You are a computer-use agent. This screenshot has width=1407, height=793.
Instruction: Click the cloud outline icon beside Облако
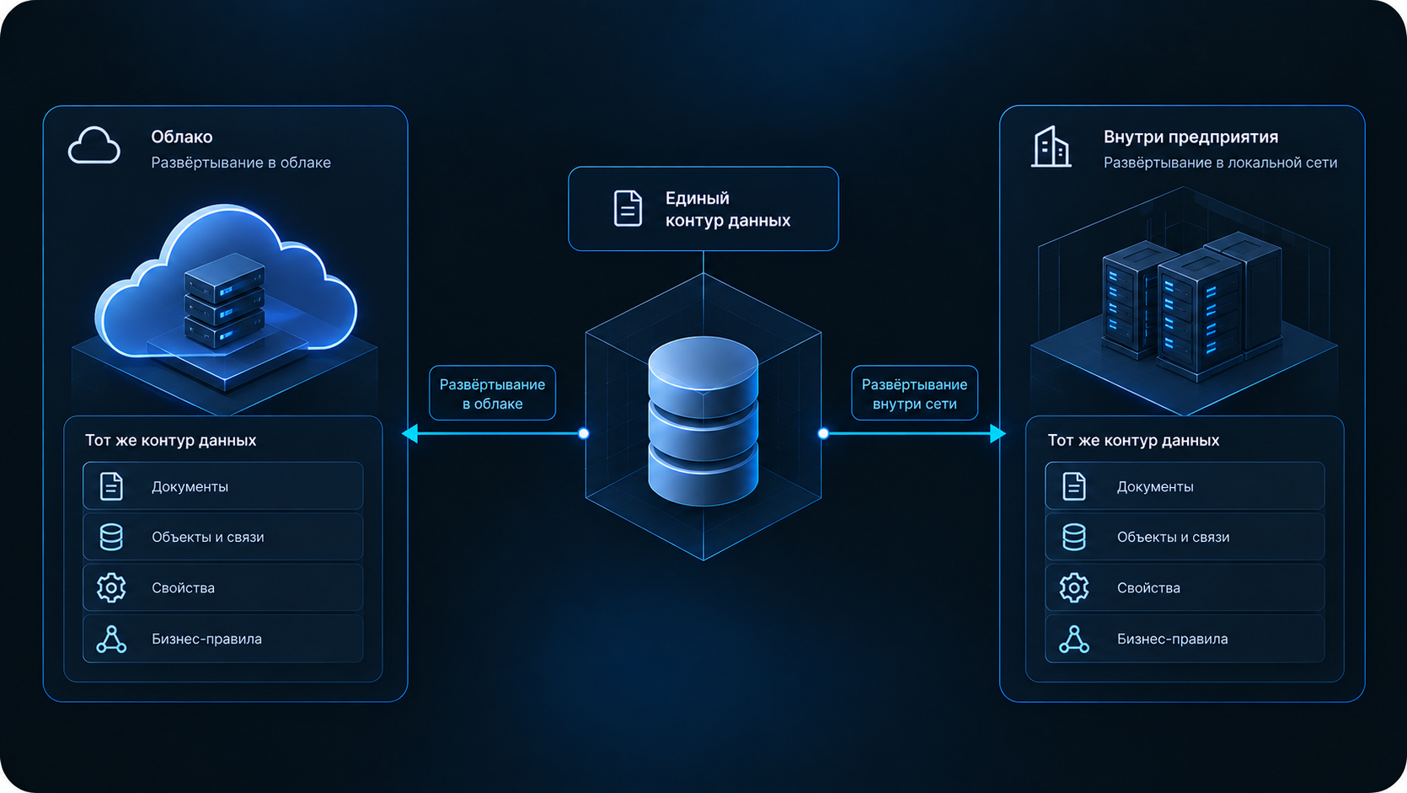click(x=94, y=146)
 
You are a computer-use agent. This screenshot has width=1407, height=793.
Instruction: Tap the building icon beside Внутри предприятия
click(x=1051, y=147)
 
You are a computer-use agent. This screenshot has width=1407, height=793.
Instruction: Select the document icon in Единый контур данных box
click(x=628, y=208)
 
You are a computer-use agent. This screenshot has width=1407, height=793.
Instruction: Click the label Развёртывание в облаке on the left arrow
click(x=492, y=394)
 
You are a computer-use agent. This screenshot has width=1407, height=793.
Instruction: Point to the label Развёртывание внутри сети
click(x=915, y=394)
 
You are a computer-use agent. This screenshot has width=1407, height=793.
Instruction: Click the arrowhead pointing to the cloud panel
click(x=410, y=433)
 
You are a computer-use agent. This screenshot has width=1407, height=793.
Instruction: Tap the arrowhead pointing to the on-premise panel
click(x=998, y=433)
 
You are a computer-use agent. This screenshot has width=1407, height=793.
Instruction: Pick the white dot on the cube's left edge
click(x=584, y=433)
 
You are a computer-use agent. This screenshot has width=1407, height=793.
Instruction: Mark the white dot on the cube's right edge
click(x=823, y=433)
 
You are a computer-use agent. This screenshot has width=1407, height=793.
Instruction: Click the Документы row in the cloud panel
click(x=223, y=486)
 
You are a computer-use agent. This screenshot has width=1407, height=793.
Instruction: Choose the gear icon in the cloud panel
click(x=111, y=588)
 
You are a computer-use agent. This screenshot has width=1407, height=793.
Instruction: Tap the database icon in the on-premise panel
click(x=1074, y=538)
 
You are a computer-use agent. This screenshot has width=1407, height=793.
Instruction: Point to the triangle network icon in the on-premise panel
click(x=1074, y=640)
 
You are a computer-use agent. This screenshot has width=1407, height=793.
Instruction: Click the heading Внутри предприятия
click(x=1190, y=137)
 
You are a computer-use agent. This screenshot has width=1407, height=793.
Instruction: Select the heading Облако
click(x=181, y=137)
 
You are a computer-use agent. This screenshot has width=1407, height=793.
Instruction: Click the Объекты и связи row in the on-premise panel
click(x=1185, y=538)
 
